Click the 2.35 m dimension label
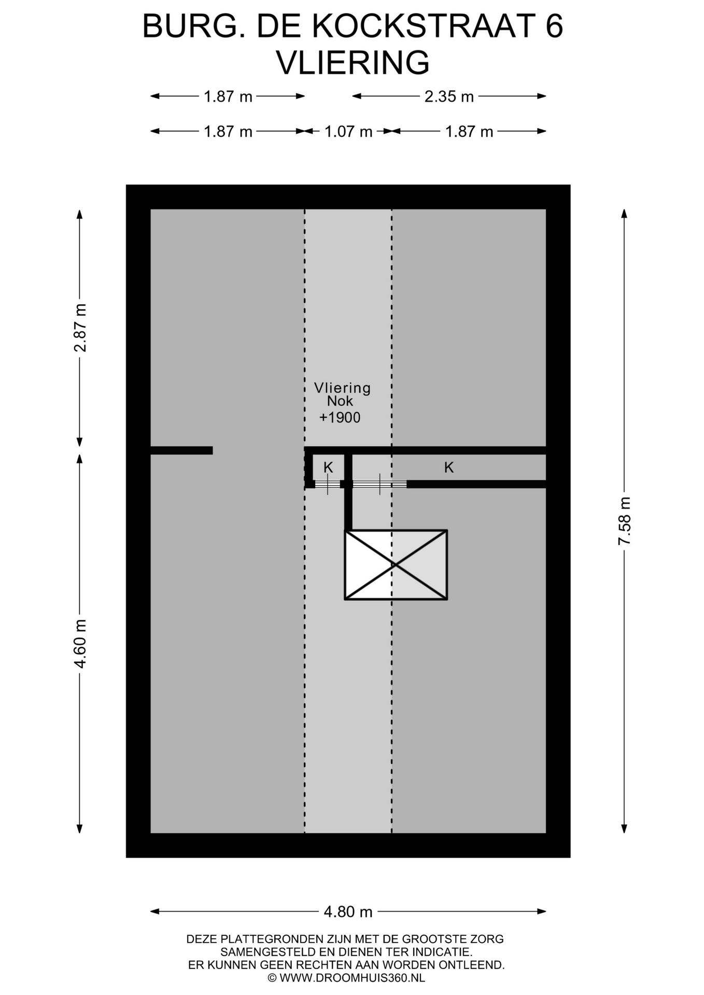(x=449, y=96)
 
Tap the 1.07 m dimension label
(x=348, y=132)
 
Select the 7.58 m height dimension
(x=624, y=521)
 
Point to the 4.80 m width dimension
(x=348, y=912)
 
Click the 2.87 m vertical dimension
(x=80, y=328)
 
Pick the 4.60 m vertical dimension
(x=80, y=644)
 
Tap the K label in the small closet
(x=328, y=467)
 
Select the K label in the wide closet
(x=449, y=467)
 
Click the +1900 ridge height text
(x=340, y=418)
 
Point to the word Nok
(x=340, y=401)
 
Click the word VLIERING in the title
(x=353, y=63)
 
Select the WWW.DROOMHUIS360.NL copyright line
(x=346, y=978)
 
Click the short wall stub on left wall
(x=181, y=450)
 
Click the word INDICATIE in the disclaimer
(x=442, y=952)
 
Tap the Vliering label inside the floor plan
(x=342, y=388)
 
